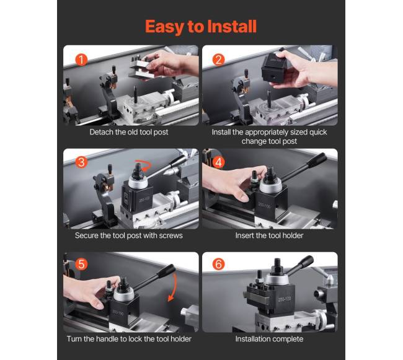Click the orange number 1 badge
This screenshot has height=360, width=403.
(81, 60)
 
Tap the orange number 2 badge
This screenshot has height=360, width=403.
(219, 60)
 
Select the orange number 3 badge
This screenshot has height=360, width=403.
(81, 162)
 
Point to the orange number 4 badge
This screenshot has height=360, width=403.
(219, 162)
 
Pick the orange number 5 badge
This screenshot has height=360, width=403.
(81, 264)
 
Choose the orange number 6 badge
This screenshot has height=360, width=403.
(219, 264)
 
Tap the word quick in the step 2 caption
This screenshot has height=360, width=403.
(318, 132)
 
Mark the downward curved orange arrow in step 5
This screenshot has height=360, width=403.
(173, 287)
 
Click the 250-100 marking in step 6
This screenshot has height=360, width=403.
(284, 299)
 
